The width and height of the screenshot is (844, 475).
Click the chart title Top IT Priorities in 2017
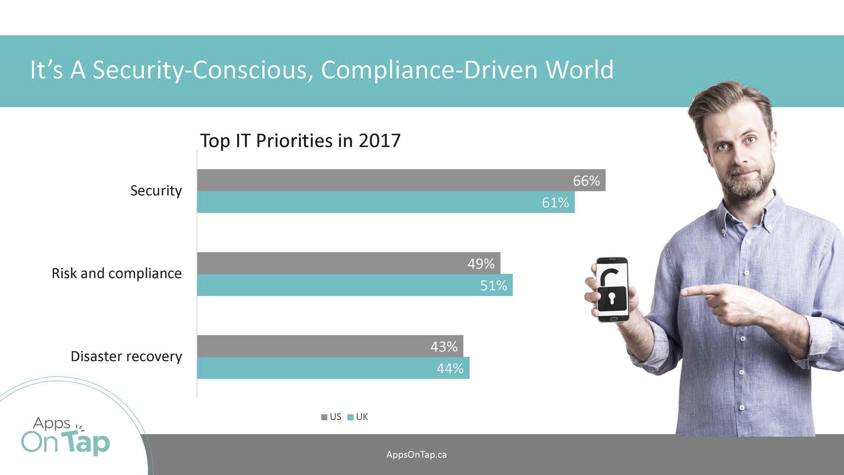point(300,141)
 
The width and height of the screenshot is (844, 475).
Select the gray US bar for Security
point(380,180)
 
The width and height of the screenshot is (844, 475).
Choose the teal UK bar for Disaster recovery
point(316,368)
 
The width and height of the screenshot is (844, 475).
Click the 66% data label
point(586,181)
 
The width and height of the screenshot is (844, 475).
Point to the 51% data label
point(493,285)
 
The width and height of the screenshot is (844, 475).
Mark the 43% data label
point(444,347)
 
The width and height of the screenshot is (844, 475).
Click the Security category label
point(156,191)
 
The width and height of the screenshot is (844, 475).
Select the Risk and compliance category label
point(116,274)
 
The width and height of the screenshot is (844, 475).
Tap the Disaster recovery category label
point(126,356)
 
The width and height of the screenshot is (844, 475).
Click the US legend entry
point(332,417)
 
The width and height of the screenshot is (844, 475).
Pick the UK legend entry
point(358,417)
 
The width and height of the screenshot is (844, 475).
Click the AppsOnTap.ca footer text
point(416,455)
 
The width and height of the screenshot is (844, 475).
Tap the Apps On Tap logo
point(65,437)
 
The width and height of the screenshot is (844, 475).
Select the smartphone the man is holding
point(612,289)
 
